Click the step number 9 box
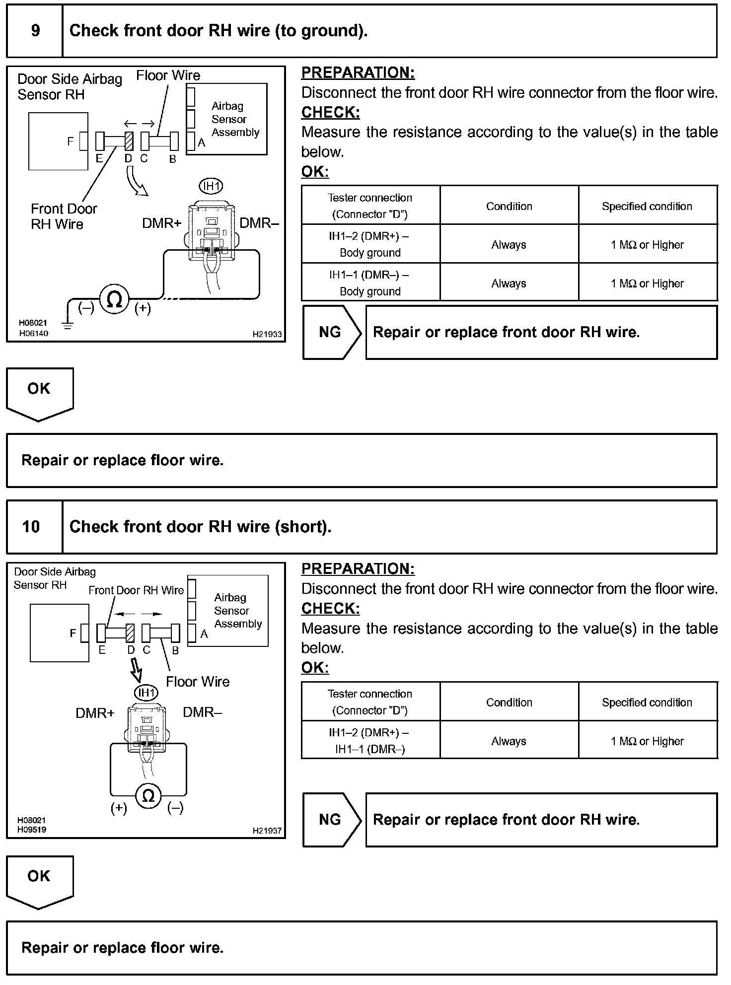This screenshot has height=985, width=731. (x=35, y=31)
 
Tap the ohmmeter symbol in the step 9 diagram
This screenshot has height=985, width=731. (x=114, y=299)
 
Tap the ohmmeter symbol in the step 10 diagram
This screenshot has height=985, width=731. (x=148, y=796)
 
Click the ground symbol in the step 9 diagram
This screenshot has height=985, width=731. (x=68, y=325)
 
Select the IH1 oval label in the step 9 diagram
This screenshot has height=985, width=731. (x=211, y=186)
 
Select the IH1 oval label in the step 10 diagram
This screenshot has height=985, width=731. (x=146, y=693)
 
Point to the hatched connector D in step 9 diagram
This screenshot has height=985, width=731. (x=129, y=141)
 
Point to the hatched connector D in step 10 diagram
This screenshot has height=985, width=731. (x=130, y=633)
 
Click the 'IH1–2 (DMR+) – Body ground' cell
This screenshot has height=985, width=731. (x=370, y=244)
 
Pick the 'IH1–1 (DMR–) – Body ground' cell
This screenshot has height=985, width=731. (x=370, y=283)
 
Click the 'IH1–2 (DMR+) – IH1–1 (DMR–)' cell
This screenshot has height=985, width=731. (x=370, y=741)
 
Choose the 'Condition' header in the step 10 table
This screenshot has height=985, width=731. (x=509, y=703)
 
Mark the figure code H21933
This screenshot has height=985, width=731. (x=267, y=334)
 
